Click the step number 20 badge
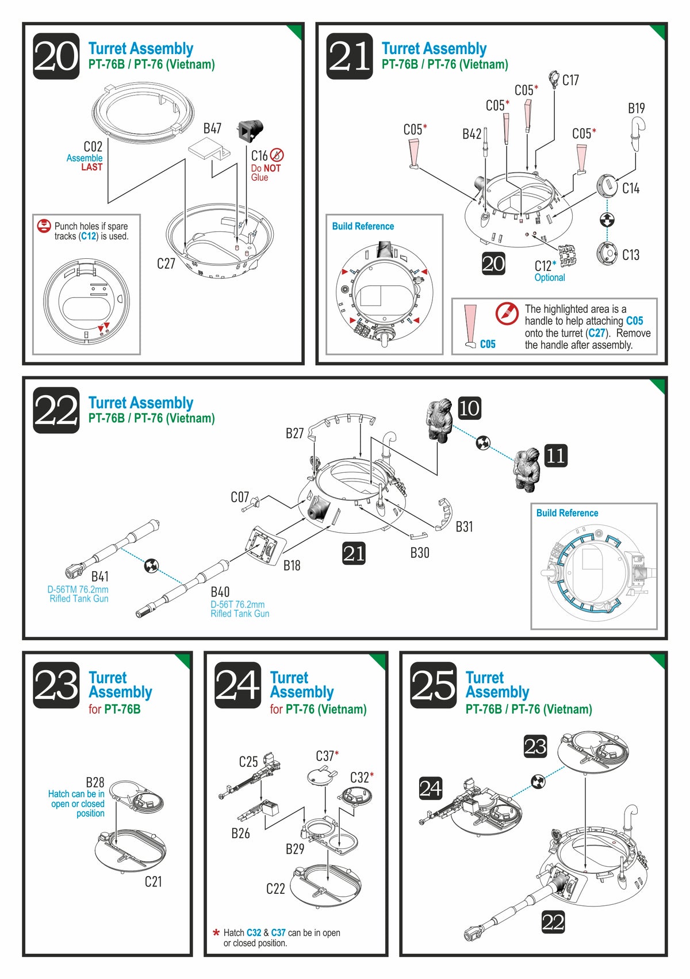click(x=56, y=56)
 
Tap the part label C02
click(x=93, y=147)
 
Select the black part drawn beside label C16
click(x=250, y=131)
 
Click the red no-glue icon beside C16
click(x=277, y=155)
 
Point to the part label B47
click(x=212, y=128)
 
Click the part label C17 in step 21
click(x=570, y=80)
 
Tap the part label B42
click(x=471, y=134)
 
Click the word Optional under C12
click(x=550, y=277)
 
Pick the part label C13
click(x=631, y=255)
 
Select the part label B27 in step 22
click(x=294, y=433)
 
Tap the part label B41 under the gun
click(x=100, y=576)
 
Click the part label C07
click(x=240, y=497)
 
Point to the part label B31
click(x=464, y=526)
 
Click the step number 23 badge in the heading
click(x=56, y=684)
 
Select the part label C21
click(x=153, y=881)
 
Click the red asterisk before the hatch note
click(x=216, y=933)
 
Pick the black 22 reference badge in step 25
click(x=553, y=922)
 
